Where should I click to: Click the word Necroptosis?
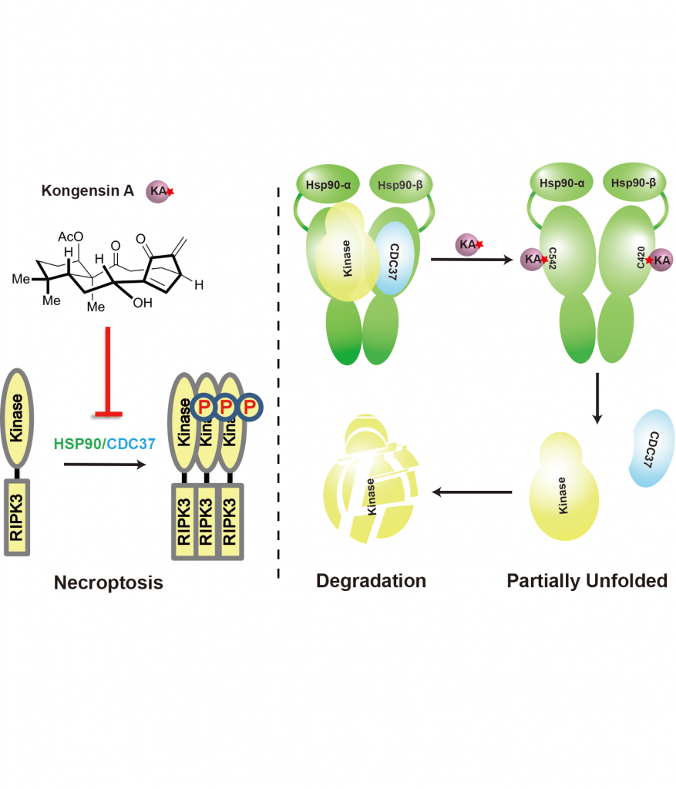point(108,583)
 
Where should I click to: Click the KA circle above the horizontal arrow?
point(467,244)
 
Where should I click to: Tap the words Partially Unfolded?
point(587,580)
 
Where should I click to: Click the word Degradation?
point(371,580)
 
